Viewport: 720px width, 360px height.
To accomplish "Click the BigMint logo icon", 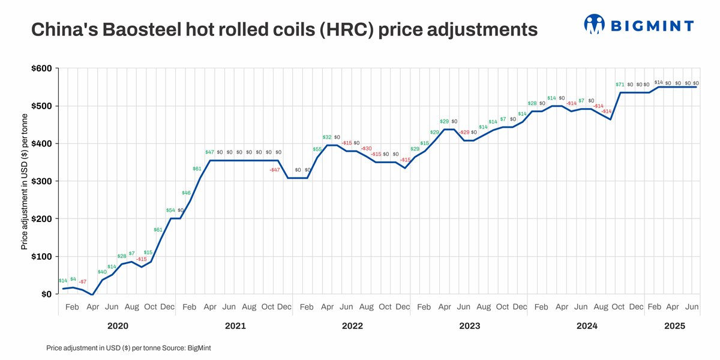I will point(594,24).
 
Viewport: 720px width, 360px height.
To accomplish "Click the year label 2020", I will point(118,326).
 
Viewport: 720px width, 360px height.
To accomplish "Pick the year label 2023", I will point(469,326).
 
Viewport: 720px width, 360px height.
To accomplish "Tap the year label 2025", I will point(675,326).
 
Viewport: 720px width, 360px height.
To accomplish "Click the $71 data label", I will point(620,85).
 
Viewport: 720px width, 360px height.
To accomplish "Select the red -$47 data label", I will point(274,170).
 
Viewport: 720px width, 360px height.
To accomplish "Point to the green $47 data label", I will point(209,152).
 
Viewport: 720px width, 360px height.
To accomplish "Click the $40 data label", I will point(102,272).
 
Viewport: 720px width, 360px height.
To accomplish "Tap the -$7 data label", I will point(83,281).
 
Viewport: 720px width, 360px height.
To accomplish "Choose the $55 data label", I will point(317,149).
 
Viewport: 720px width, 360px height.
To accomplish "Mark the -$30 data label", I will point(367,148).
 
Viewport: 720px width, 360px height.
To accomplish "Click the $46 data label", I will point(186,193).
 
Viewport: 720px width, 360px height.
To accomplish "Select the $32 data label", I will point(327,137).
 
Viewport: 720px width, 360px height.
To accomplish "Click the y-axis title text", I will point(25,181).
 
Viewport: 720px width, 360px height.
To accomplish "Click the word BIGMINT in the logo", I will point(652,25).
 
